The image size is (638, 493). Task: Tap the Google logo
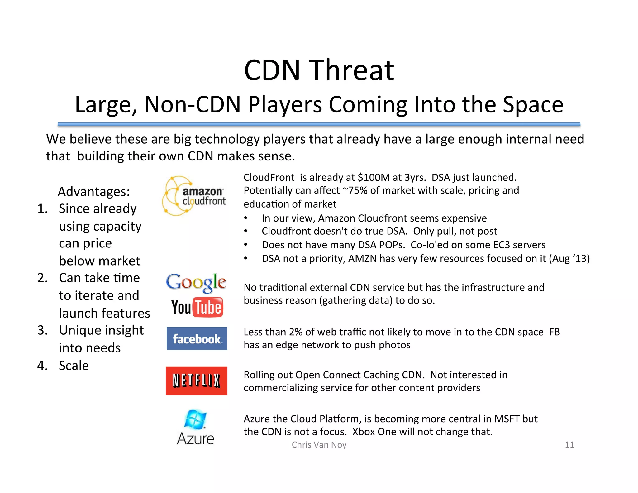[196, 282]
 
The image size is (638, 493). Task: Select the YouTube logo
[197, 307]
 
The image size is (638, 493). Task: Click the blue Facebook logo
[197, 339]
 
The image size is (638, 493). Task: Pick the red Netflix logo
[197, 381]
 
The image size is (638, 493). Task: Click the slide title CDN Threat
[319, 70]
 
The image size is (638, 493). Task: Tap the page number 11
[569, 445]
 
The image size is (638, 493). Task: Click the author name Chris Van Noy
[319, 445]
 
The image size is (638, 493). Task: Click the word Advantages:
[94, 191]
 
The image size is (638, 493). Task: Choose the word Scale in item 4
[74, 366]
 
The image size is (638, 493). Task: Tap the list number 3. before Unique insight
[42, 330]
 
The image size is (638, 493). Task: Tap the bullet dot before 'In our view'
[246, 218]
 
